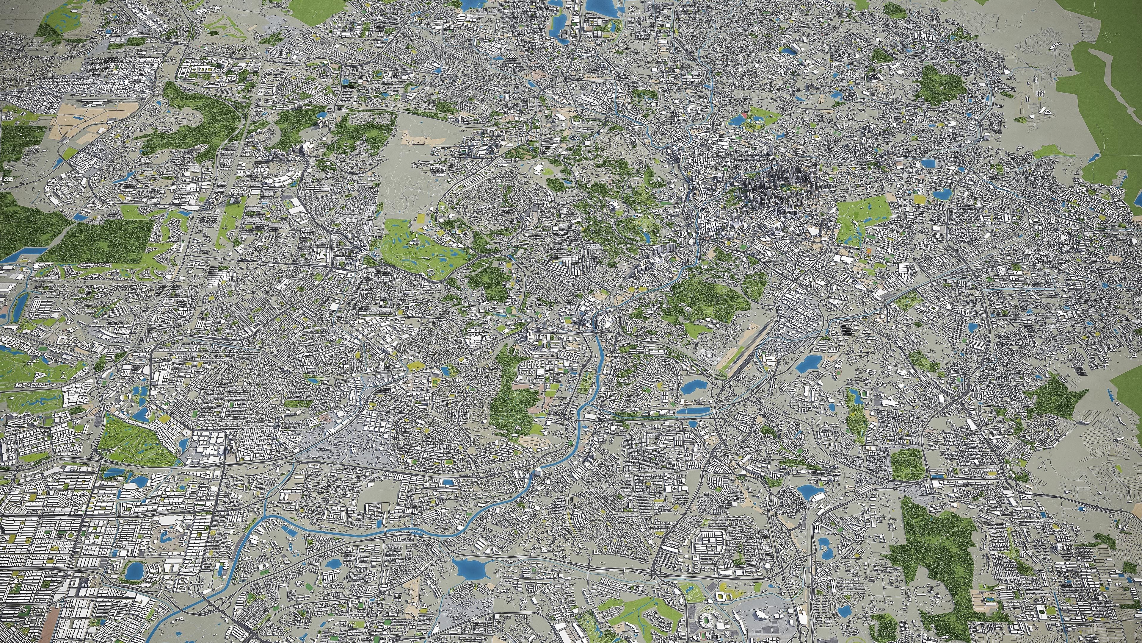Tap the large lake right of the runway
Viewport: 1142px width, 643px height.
(x=808, y=364)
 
